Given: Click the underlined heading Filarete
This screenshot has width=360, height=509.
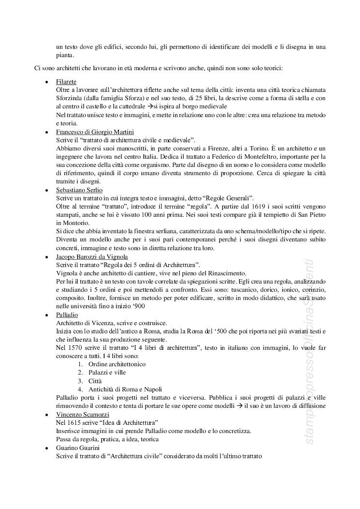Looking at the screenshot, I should (x=66, y=82).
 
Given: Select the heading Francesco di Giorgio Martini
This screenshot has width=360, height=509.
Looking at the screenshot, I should (x=95, y=132).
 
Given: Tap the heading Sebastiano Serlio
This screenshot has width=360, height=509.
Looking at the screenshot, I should (x=79, y=190).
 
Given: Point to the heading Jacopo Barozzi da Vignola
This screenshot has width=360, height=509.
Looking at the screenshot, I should (x=92, y=256).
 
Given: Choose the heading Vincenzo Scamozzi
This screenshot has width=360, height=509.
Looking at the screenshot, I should (x=82, y=415).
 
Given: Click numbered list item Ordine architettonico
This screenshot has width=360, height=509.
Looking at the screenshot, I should (x=117, y=364).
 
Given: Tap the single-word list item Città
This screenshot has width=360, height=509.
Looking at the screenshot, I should (x=96, y=381).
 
